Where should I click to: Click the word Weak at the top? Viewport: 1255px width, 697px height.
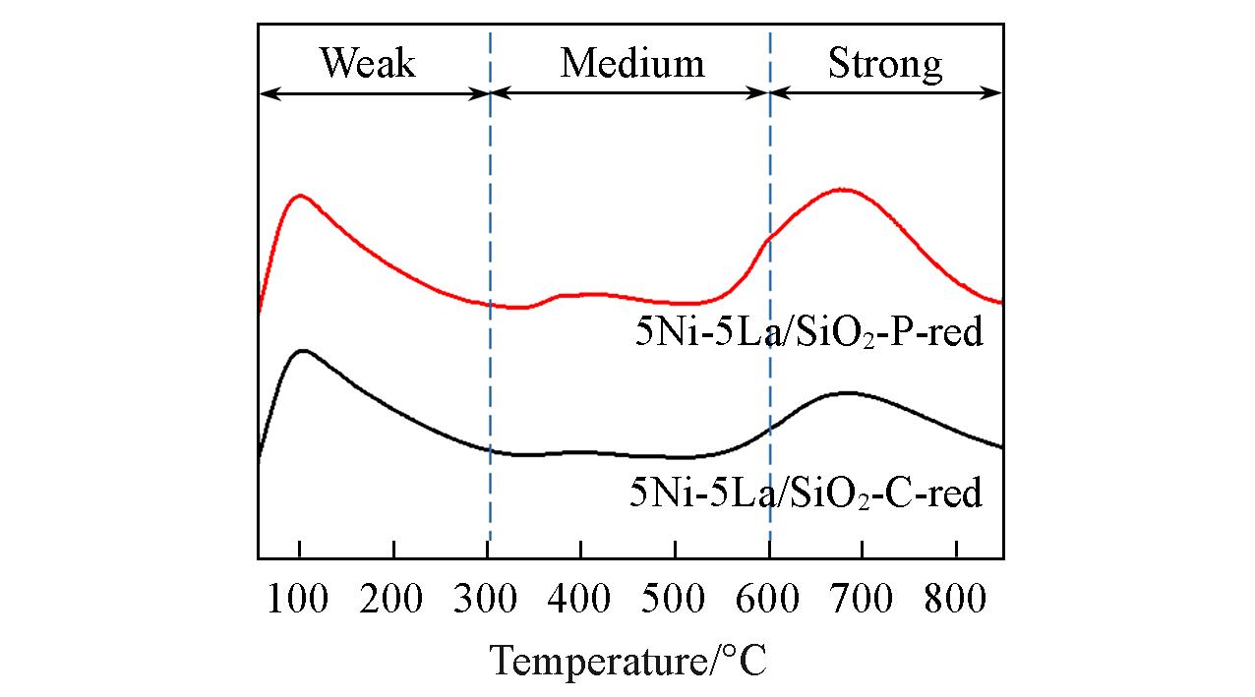point(368,64)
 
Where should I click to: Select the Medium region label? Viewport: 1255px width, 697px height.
point(632,64)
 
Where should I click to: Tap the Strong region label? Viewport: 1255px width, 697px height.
point(885,64)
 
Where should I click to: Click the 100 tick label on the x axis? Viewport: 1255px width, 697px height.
point(299,599)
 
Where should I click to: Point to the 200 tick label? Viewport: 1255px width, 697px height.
point(392,599)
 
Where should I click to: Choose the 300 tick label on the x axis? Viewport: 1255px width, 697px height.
point(487,599)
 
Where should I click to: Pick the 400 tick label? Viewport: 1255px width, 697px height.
point(580,599)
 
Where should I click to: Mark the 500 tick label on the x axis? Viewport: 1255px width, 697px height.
point(675,599)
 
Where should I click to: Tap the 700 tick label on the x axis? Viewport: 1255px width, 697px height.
point(862,599)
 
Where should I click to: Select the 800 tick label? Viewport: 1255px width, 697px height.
point(955,599)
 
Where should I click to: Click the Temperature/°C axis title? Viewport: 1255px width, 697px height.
point(628,660)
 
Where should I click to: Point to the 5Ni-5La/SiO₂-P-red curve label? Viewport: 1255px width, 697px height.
point(808,333)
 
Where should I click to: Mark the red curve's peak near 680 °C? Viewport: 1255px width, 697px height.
point(842,189)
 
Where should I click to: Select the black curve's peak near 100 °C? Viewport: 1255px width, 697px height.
point(301,350)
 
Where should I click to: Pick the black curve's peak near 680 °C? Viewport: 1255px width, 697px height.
point(846,392)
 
